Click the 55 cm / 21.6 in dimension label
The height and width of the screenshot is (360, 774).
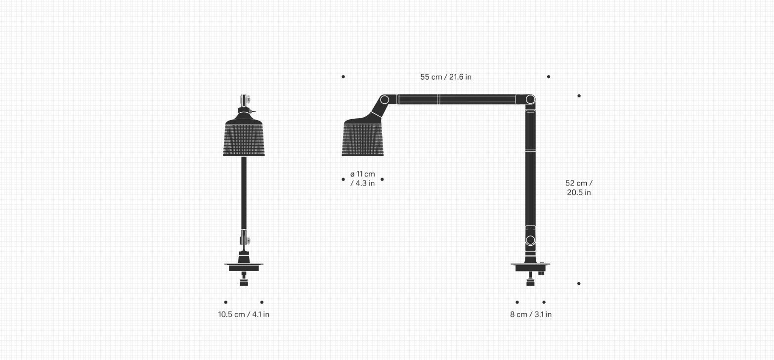pos(446,77)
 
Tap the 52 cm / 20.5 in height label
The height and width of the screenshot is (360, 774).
pos(579,188)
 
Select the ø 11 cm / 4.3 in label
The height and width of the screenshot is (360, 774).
pos(362,179)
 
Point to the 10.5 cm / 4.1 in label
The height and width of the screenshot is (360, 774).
pos(244,315)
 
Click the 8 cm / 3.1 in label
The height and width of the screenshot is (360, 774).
pos(531,315)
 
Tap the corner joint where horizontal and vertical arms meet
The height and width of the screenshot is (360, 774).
pos(530,100)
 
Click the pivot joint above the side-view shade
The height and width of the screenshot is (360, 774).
pos(385,100)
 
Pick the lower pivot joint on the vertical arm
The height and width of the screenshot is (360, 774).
pos(530,240)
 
